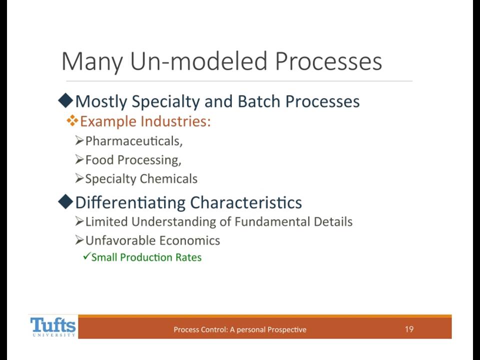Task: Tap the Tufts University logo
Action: [x=53, y=327]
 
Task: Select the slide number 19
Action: [x=409, y=329]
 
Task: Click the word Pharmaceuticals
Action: [x=133, y=141]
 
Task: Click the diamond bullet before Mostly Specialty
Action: [x=65, y=100]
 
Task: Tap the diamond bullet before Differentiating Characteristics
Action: [x=65, y=201]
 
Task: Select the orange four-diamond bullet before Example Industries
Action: [x=72, y=121]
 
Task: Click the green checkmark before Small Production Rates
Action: [x=86, y=256]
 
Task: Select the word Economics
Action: [x=189, y=240]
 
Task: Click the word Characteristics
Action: [x=246, y=202]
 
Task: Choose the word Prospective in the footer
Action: [x=287, y=329]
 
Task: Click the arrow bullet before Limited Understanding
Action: [x=79, y=221]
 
